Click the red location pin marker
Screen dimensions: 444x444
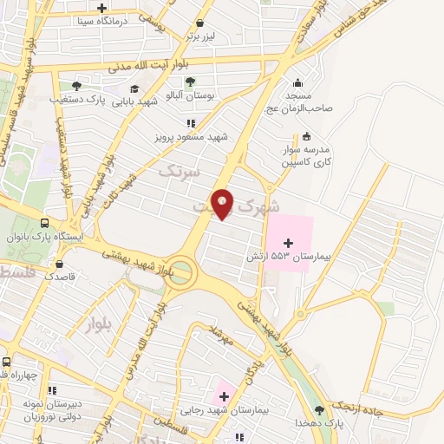coord(223,204)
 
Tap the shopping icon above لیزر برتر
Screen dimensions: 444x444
coord(201,23)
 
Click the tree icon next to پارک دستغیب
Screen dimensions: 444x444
coord(76,87)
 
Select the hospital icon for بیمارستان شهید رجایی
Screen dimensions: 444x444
coord(224,395)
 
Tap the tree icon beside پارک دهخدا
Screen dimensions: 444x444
coord(320,409)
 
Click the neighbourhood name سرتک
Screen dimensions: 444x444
coord(180,172)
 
